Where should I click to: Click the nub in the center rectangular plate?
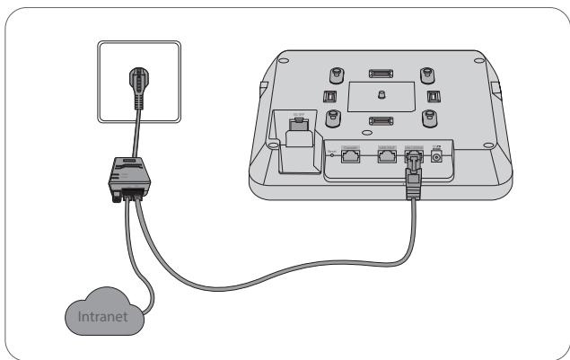pyautogui.click(x=381, y=93)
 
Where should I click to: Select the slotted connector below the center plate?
pyautogui.click(x=381, y=119)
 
